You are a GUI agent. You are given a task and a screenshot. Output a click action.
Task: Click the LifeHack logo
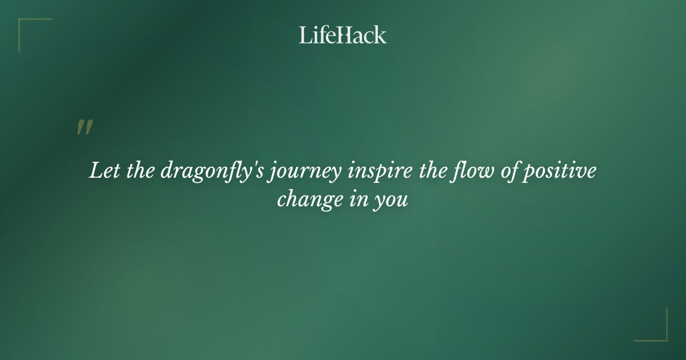(x=343, y=35)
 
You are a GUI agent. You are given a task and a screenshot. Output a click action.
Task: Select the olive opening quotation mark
(x=85, y=127)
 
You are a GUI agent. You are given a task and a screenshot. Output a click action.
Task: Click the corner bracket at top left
(x=23, y=23)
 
